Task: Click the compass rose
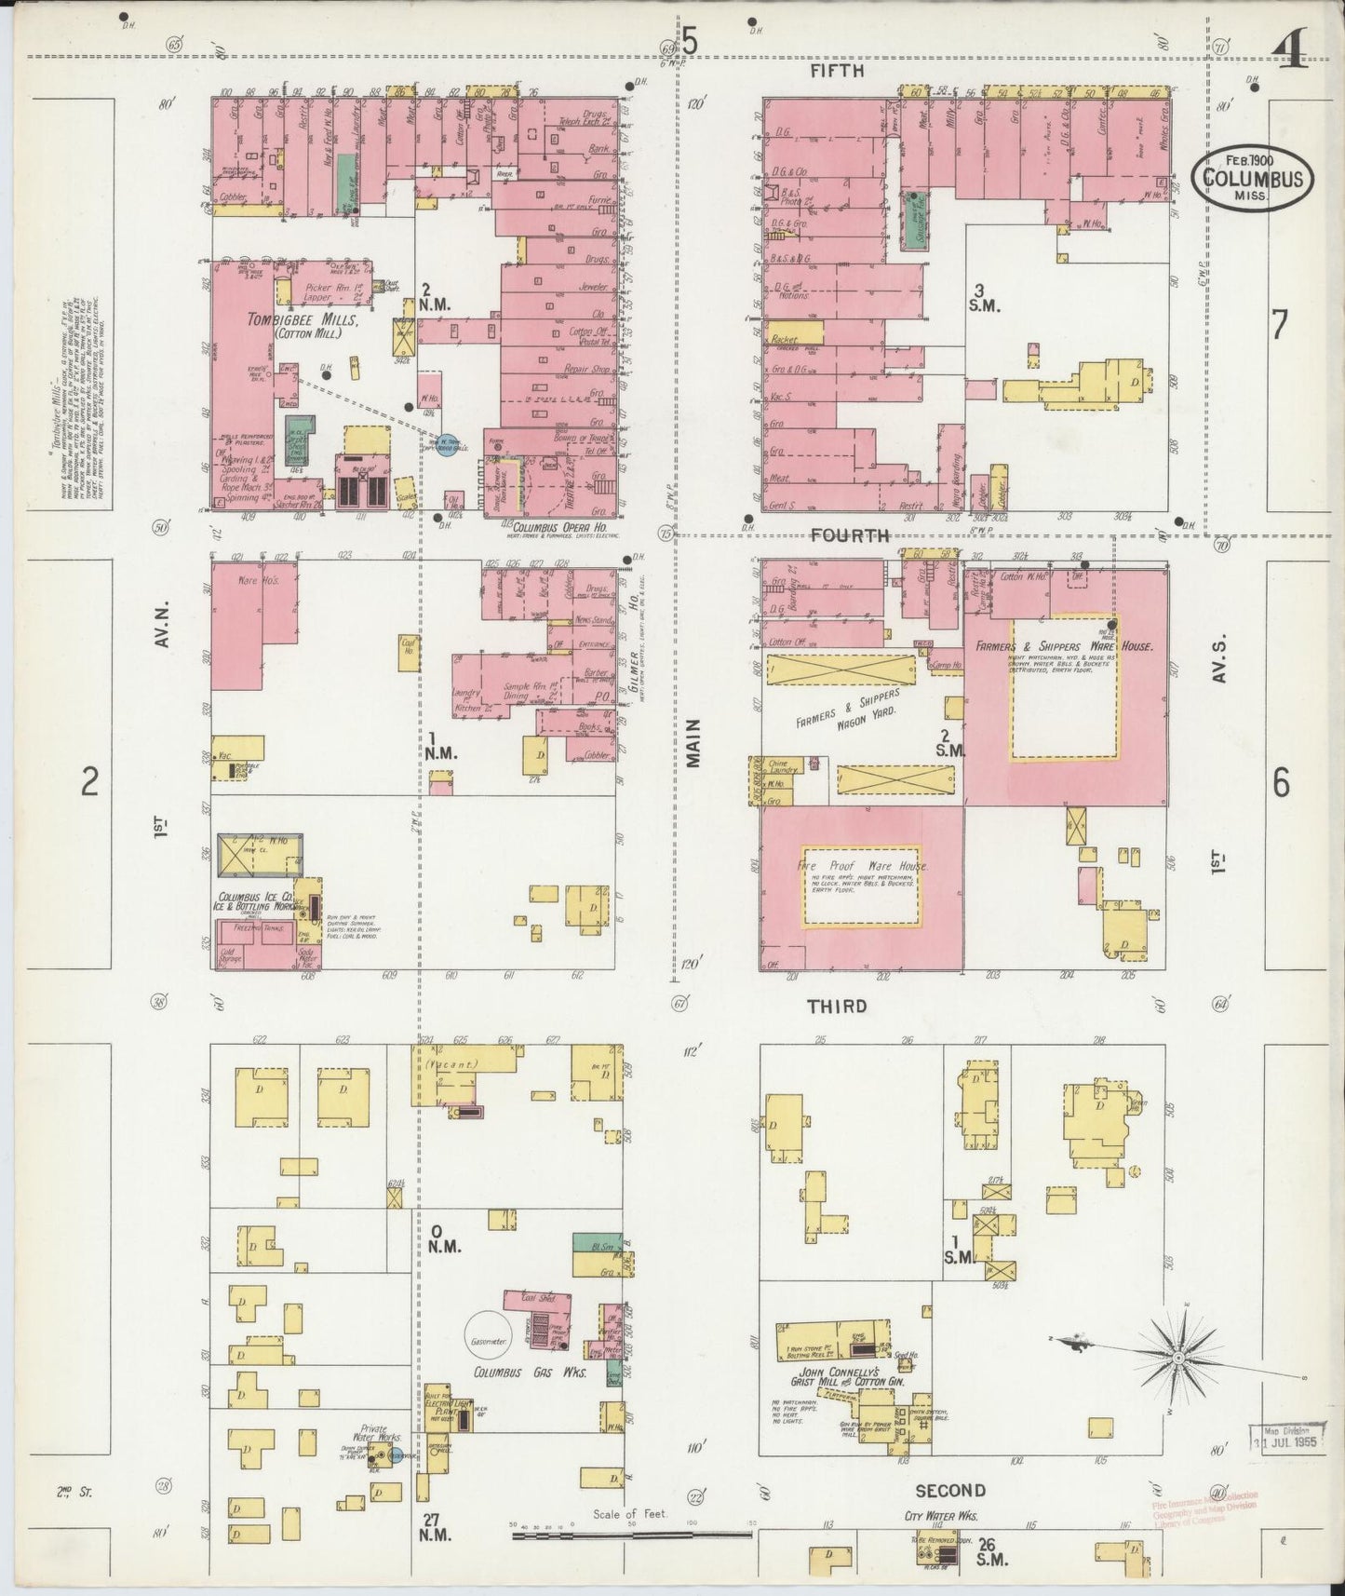[1178, 1359]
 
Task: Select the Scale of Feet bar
[633, 1531]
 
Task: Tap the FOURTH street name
[849, 535]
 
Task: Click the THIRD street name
[836, 1006]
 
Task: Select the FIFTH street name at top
[836, 70]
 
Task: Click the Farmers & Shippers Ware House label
[1064, 645]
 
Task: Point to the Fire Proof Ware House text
[860, 866]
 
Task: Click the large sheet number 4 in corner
[1292, 47]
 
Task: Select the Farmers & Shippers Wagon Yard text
[849, 712]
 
